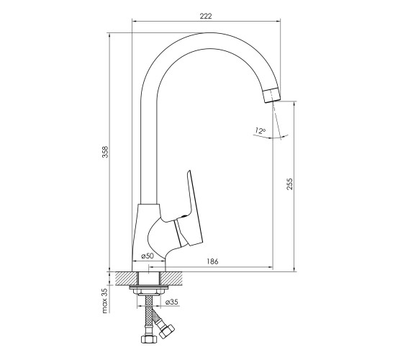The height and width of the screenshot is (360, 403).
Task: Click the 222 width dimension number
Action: (x=206, y=16)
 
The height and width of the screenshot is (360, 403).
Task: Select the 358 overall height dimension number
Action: (x=105, y=152)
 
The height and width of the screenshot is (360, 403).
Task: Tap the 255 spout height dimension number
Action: (x=289, y=184)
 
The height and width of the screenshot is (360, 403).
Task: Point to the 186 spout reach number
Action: (x=212, y=261)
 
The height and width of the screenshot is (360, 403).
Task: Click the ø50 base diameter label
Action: (x=148, y=256)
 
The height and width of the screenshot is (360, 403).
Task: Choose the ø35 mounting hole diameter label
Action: (x=172, y=302)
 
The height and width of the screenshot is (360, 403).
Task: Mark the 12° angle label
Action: (x=260, y=130)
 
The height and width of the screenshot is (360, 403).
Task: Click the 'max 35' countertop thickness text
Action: (x=105, y=300)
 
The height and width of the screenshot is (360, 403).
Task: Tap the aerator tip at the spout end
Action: (x=272, y=94)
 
